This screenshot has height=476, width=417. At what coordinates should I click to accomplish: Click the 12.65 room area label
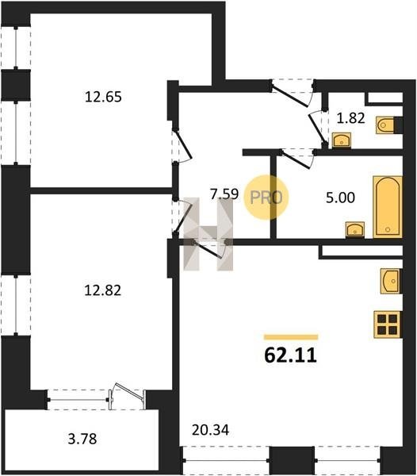103,97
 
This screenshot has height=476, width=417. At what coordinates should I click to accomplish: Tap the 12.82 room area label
102,290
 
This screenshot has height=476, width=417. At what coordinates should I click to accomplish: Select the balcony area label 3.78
82,439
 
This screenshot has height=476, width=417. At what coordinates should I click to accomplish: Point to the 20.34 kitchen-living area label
210,430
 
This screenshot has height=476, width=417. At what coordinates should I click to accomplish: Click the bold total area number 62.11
290,355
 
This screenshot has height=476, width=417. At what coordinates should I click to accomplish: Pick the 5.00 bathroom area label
340,198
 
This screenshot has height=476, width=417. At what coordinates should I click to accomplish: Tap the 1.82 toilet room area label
350,118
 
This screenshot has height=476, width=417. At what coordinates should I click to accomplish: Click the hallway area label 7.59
224,194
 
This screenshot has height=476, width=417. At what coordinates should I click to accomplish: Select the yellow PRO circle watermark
266,198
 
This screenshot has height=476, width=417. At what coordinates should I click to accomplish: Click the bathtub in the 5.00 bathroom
388,207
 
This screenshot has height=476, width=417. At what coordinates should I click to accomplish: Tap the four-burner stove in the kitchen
388,324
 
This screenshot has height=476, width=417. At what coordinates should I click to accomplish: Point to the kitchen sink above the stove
391,281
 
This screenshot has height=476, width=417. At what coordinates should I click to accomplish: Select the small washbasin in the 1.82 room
342,140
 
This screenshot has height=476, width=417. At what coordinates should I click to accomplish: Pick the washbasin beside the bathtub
355,230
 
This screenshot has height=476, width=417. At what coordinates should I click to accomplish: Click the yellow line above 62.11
291,337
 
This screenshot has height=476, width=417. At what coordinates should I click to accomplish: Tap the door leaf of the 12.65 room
183,144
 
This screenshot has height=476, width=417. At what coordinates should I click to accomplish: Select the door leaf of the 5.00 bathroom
296,159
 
